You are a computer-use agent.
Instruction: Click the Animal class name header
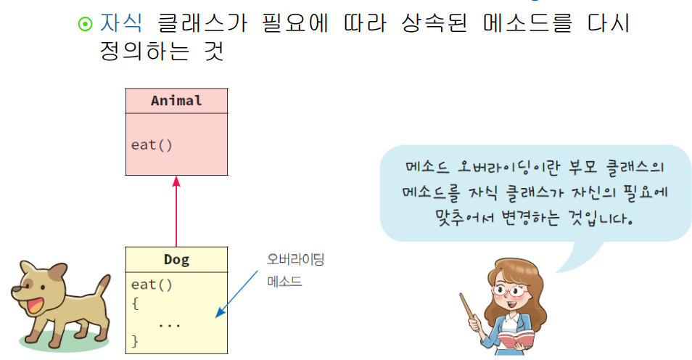pyautogui.click(x=176, y=101)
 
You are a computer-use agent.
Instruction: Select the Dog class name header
pyautogui.click(x=176, y=259)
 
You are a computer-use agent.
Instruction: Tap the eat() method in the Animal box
pyautogui.click(x=152, y=144)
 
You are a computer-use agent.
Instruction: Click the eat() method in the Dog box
pyautogui.click(x=152, y=285)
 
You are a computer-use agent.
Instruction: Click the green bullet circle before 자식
pyautogui.click(x=85, y=23)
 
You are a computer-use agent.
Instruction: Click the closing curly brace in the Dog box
pyautogui.click(x=135, y=340)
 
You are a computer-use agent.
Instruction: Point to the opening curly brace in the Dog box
pyautogui.click(x=135, y=303)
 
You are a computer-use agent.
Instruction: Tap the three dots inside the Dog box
pyautogui.click(x=169, y=324)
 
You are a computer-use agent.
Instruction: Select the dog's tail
pyautogui.click(x=102, y=285)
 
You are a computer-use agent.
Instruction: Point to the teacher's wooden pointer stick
pyautogui.click(x=469, y=313)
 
